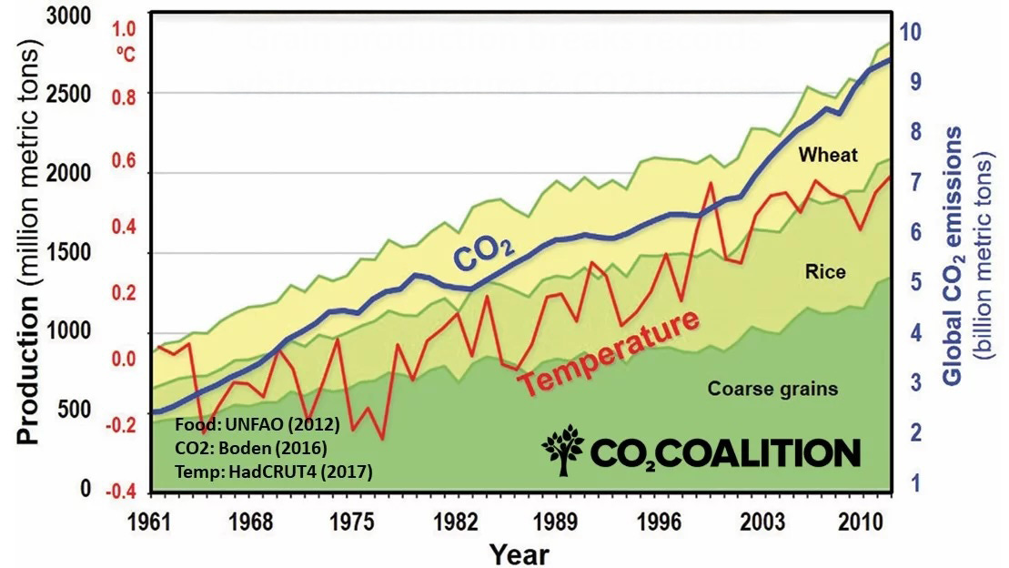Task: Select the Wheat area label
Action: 828,155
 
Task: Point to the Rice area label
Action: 825,271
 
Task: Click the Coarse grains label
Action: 772,389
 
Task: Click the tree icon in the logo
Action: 563,452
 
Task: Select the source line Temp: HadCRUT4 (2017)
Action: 271,472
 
